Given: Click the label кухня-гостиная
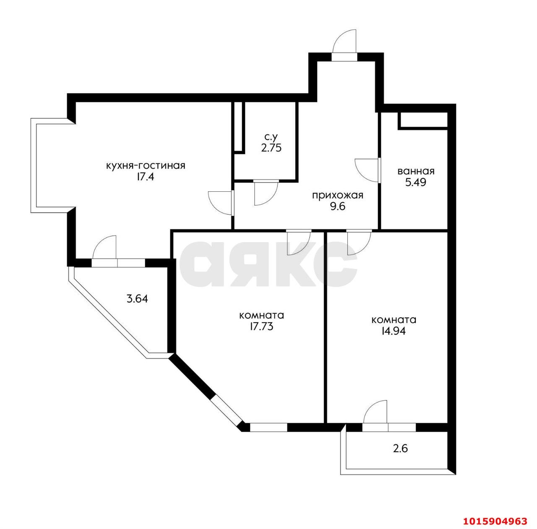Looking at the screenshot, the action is pos(146,166).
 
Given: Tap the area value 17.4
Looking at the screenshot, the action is pos(145,177).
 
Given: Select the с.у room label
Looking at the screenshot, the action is pos(271,137).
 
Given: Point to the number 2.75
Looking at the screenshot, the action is pos(271,148).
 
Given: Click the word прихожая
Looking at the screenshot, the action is pos(337,195).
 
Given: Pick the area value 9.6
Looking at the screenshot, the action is pos(337,206).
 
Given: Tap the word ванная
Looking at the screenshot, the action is pos(416,171).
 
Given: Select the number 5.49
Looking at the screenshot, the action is pos(416,182).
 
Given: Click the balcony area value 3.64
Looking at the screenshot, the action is pos(137,299).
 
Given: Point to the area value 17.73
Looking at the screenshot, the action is pos(261,326).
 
